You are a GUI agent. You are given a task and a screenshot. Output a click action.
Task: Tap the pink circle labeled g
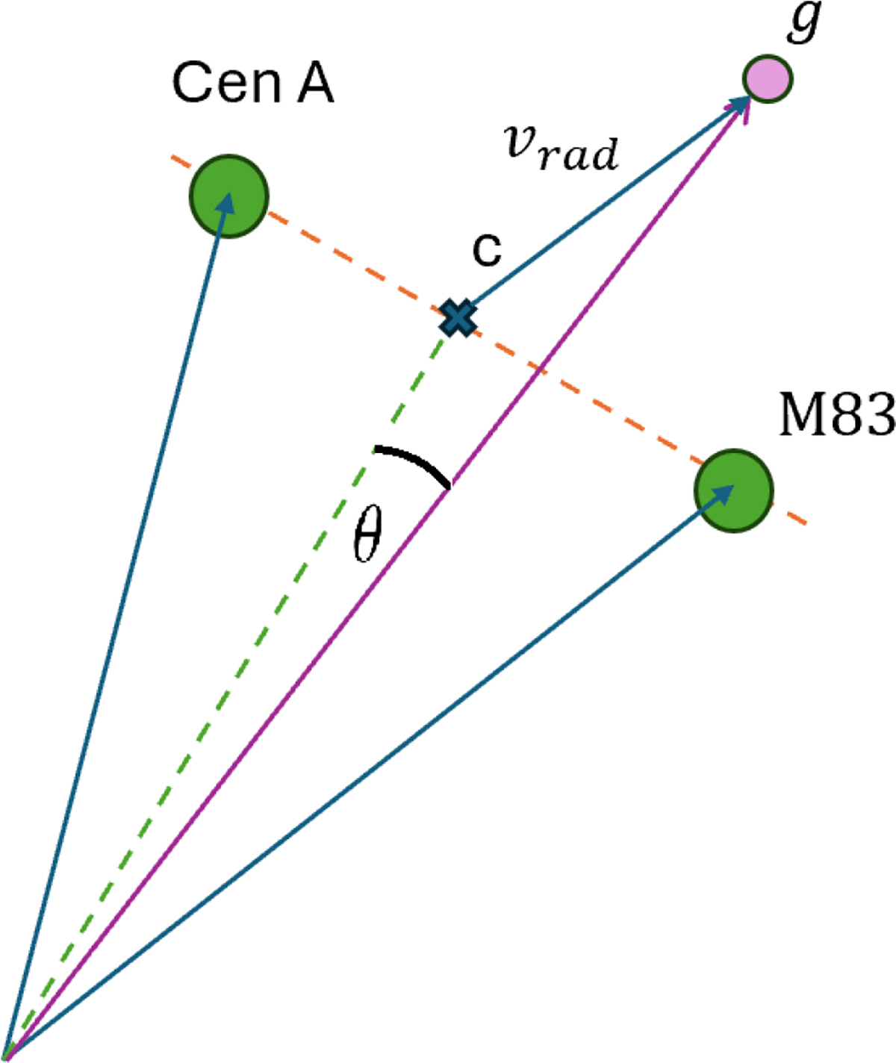click(768, 78)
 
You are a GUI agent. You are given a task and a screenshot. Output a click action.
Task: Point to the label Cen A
click(252, 83)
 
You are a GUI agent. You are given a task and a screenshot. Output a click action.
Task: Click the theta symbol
click(367, 534)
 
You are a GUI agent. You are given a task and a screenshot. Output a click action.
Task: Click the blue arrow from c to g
click(597, 210)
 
